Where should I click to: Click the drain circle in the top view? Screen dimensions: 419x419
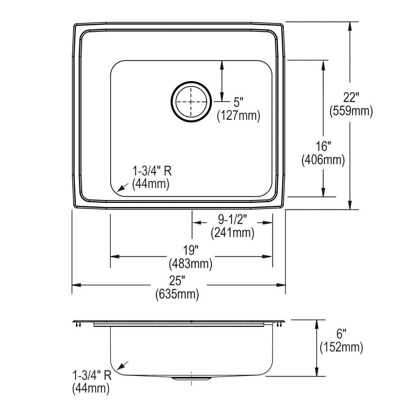(191, 102)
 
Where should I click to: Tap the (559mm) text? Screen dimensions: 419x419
(351, 111)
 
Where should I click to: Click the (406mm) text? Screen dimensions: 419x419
(323, 160)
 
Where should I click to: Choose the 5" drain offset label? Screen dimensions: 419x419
(238, 103)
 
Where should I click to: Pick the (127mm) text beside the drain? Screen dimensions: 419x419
(239, 116)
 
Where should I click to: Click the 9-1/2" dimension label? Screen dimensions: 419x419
(233, 220)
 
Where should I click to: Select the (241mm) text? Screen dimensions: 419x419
(233, 233)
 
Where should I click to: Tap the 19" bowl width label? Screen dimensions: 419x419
(191, 251)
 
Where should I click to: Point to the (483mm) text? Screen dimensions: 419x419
(191, 264)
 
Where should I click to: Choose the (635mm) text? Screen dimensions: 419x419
(177, 294)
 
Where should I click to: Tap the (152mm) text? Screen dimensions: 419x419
(341, 347)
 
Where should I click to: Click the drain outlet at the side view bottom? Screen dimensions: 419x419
(191, 378)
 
